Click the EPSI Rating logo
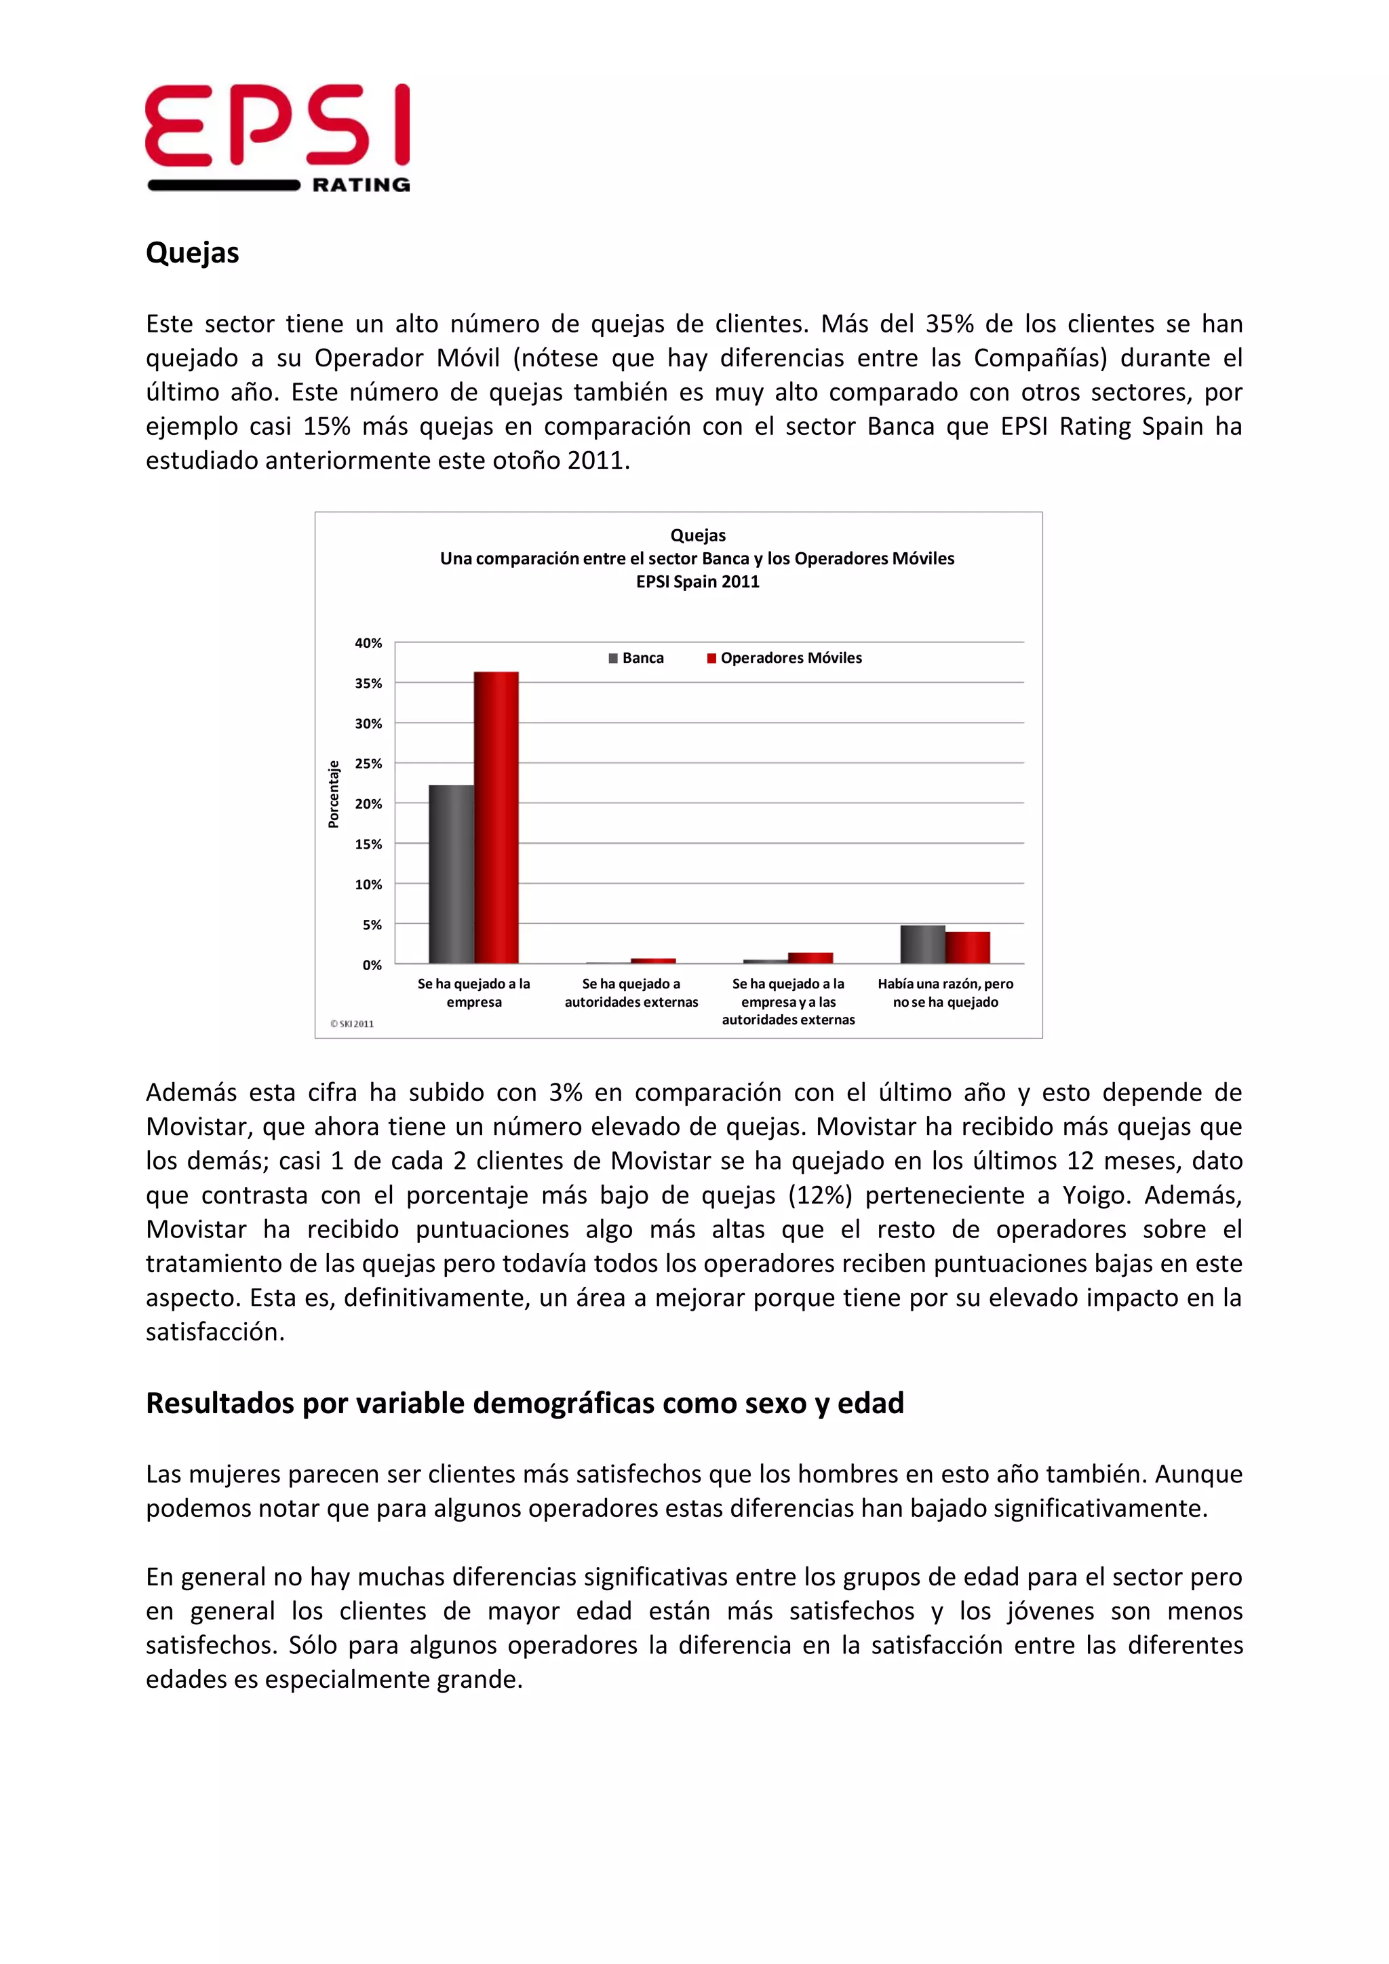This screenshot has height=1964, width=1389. [277, 137]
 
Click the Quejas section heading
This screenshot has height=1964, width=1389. [193, 252]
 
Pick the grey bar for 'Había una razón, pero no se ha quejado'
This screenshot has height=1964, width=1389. [922, 944]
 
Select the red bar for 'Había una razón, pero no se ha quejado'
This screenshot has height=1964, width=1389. [967, 948]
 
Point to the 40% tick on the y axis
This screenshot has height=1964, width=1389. [369, 642]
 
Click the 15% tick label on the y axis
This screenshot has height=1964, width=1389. [369, 844]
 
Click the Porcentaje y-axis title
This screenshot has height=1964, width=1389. [334, 794]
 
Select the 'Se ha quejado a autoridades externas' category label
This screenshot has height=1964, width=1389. [631, 993]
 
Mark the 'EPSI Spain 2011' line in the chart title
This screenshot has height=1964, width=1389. [697, 581]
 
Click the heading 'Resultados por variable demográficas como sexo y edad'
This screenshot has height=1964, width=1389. [524, 1403]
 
